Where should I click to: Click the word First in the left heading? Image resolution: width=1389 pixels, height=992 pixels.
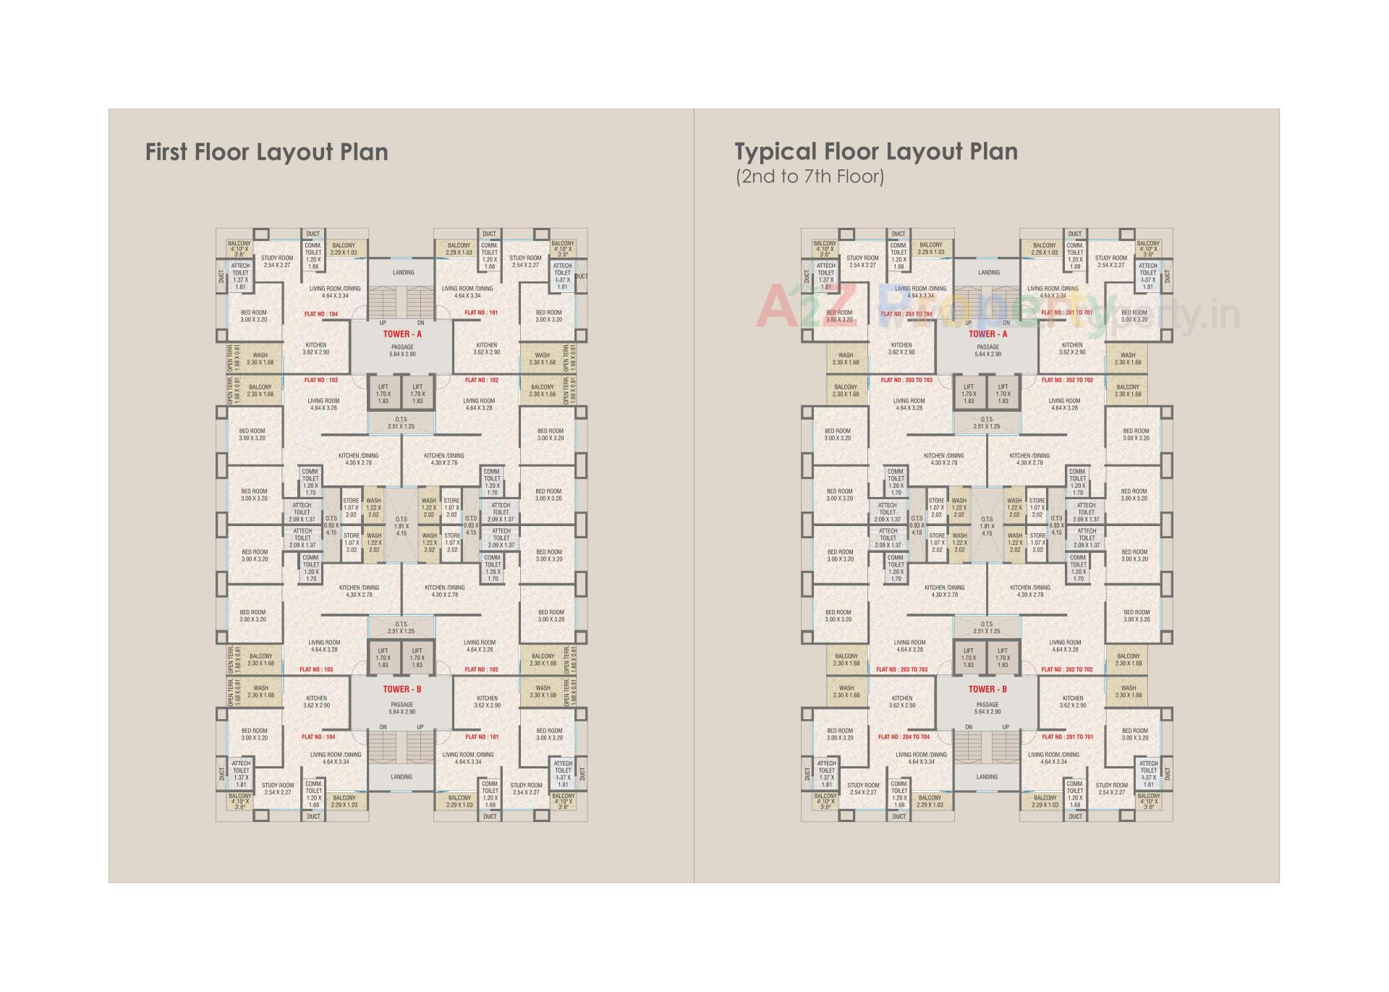click(166, 152)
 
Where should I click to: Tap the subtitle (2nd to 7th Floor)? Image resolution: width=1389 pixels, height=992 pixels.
click(810, 177)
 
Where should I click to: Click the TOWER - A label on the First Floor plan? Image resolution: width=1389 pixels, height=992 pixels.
click(402, 334)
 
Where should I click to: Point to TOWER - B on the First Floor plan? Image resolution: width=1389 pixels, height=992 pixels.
click(402, 690)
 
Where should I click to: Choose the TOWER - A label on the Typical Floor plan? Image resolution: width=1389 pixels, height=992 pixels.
click(987, 334)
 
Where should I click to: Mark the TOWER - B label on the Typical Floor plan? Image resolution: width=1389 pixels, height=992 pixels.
click(987, 690)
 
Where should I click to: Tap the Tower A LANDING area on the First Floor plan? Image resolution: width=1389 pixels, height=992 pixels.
click(403, 273)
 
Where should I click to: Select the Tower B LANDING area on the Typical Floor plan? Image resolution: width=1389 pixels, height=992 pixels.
click(987, 777)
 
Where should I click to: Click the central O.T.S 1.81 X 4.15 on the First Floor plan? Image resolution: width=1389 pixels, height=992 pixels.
click(402, 526)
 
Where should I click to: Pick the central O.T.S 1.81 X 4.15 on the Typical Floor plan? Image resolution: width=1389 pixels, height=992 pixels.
click(987, 526)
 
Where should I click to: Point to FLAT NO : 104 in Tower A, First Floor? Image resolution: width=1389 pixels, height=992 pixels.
click(321, 314)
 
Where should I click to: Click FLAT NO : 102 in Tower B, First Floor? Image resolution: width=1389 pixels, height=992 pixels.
click(482, 670)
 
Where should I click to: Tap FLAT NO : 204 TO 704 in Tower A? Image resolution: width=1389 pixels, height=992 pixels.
click(907, 314)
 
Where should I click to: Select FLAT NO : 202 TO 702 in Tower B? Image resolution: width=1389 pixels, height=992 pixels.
click(1067, 670)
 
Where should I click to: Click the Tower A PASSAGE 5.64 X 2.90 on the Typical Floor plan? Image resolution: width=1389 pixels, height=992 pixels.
click(987, 351)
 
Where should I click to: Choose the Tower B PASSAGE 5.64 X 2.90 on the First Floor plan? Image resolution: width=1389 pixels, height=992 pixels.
click(402, 708)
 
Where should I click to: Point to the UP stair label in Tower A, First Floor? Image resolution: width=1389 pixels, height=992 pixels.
click(383, 323)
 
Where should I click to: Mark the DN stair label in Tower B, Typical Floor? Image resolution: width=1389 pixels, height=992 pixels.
click(968, 727)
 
